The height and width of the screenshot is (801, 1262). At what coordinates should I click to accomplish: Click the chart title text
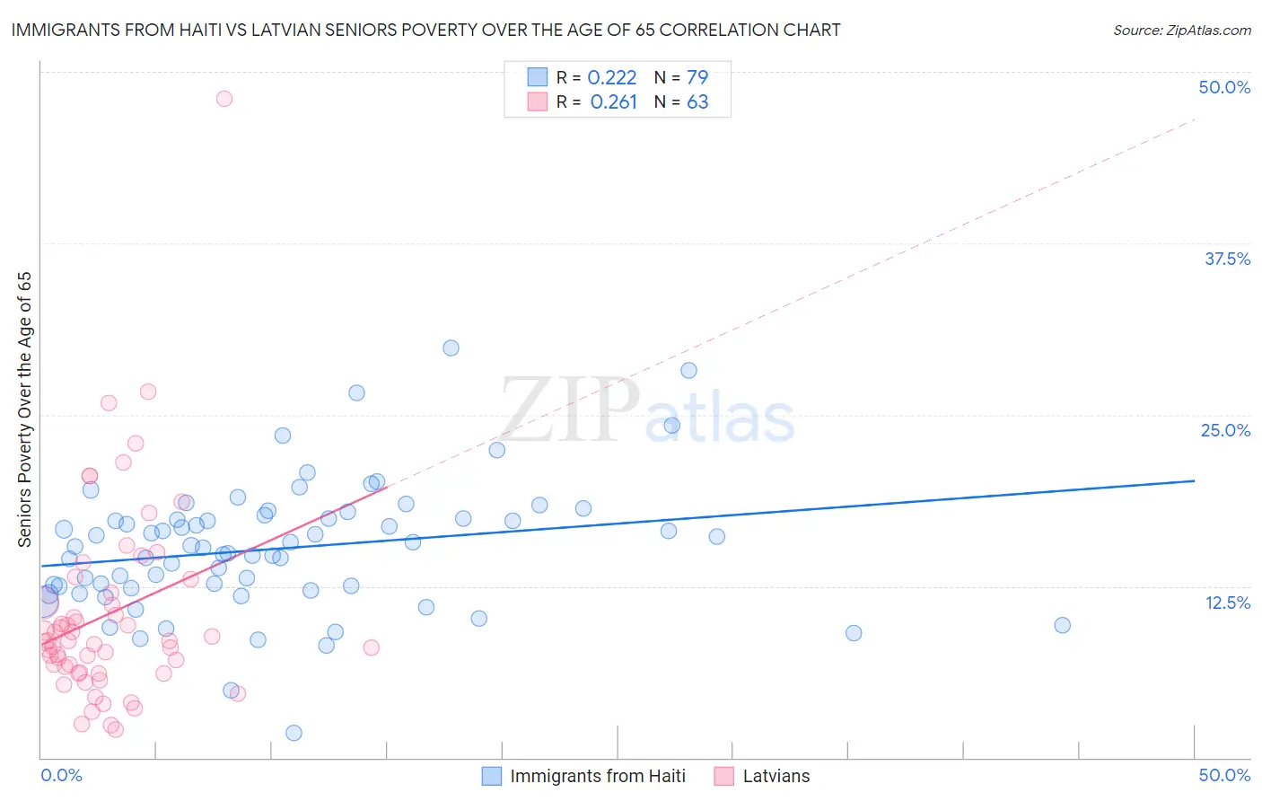point(425,30)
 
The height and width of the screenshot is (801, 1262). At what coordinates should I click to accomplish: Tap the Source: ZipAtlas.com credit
point(1181,30)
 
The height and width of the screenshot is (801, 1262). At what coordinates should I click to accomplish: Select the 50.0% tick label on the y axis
point(1224,87)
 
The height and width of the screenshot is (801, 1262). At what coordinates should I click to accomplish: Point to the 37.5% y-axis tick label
point(1227,259)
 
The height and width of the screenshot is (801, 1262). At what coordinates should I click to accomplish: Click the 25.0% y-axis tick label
point(1225,430)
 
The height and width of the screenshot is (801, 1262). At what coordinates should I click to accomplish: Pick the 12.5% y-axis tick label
point(1227,603)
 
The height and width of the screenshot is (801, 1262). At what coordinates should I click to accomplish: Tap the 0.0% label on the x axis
point(61,775)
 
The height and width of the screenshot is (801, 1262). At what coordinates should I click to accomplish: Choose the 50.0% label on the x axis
point(1224,775)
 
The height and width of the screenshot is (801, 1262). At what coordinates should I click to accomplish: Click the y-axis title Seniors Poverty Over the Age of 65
point(25,409)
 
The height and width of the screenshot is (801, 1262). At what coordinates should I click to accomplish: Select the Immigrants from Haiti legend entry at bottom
point(597,776)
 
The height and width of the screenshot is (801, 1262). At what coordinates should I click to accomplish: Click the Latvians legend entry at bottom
point(776,776)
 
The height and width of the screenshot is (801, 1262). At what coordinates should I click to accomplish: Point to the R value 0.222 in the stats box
point(611,77)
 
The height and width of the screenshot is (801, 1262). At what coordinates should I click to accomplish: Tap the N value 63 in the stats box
point(697,102)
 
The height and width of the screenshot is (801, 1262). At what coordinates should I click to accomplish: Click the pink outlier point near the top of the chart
point(224,99)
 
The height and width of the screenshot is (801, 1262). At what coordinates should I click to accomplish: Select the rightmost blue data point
point(1062,625)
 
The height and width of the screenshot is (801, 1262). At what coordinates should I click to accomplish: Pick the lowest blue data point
point(294,733)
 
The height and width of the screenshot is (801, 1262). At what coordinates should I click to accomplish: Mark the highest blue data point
point(451,348)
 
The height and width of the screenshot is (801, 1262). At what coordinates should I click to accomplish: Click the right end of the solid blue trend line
point(1194,480)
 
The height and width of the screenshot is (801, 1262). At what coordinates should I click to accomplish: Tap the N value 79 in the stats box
point(697,77)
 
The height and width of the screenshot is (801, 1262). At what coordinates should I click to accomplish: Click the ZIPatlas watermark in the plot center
point(646,411)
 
